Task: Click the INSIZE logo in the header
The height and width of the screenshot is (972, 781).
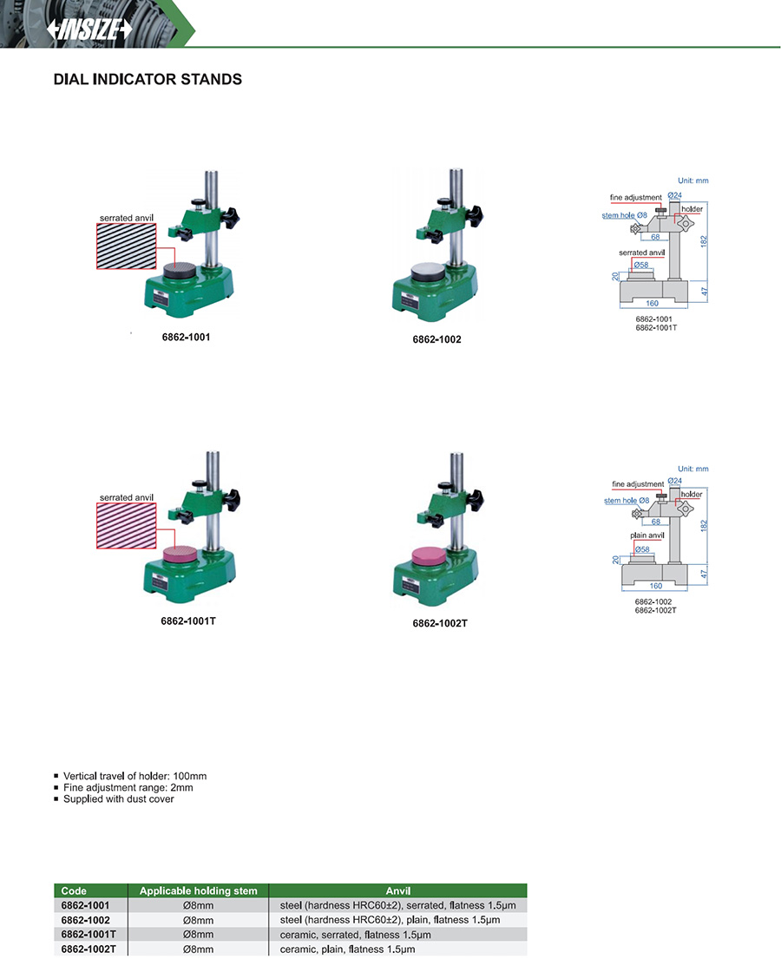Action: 90,29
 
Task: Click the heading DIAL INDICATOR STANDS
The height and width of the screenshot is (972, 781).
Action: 148,79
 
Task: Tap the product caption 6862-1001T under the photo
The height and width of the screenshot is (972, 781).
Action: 188,621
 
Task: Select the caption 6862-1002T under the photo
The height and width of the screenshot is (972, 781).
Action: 440,624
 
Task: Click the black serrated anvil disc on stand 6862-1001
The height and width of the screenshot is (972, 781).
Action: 180,271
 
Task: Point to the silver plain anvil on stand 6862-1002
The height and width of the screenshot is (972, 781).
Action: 428,273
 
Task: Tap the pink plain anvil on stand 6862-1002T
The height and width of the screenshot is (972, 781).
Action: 429,556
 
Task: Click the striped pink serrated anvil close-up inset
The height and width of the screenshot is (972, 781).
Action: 127,526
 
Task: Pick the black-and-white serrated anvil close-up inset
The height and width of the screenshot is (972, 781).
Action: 127,246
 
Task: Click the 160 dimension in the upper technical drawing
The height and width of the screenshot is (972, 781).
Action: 652,303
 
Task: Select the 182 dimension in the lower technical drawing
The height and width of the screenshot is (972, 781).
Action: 704,525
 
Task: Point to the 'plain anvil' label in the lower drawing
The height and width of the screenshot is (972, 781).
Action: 647,535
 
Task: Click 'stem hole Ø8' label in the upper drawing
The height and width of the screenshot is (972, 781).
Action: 624,215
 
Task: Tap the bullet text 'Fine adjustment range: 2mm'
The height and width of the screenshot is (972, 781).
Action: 128,787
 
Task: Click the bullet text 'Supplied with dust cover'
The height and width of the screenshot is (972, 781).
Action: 118,799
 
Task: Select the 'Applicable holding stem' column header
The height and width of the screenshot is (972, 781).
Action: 199,890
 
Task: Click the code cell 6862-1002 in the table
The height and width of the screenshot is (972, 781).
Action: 86,920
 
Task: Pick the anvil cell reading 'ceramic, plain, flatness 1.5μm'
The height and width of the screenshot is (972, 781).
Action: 348,949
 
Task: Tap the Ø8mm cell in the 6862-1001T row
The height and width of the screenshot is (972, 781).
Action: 199,934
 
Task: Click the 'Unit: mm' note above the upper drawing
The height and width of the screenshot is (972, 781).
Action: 693,181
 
